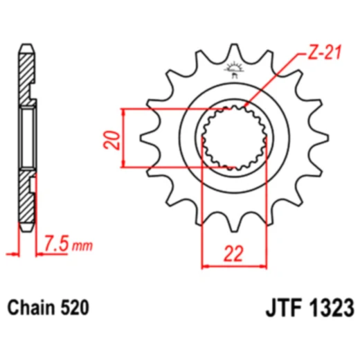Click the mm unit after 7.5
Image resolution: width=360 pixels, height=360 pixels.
(x=82, y=246)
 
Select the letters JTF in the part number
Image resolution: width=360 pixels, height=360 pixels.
(x=280, y=305)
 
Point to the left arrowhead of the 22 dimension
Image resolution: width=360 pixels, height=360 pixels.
(x=206, y=265)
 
